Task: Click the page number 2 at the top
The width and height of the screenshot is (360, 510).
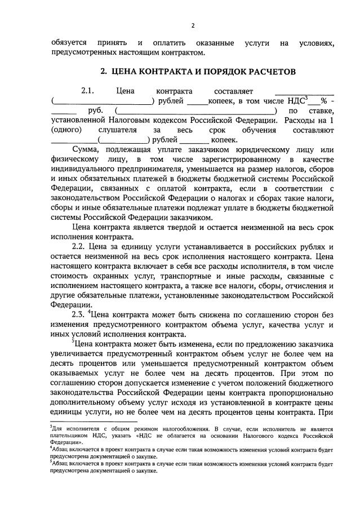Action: [x=193, y=25]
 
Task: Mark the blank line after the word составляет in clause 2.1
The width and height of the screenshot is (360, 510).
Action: [x=304, y=91]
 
